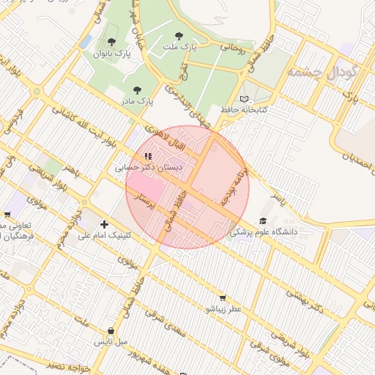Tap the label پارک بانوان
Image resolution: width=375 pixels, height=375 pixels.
click(x=111, y=53)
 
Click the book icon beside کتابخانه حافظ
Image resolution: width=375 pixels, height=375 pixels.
click(x=244, y=99)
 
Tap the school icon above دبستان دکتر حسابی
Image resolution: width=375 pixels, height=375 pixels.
click(x=149, y=155)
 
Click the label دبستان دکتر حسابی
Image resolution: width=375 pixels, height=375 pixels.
click(x=149, y=168)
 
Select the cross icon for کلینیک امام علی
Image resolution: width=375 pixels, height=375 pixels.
click(x=104, y=224)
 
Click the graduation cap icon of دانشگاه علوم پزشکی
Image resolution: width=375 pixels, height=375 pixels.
click(x=263, y=220)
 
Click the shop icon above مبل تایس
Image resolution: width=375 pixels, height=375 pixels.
click(x=111, y=330)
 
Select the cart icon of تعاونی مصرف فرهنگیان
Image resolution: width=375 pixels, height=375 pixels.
click(x=7, y=215)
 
